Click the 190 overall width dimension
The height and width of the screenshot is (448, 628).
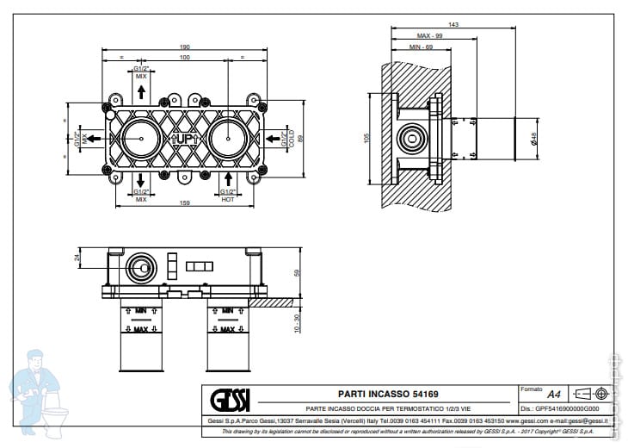[x=184, y=47]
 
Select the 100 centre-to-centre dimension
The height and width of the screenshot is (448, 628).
[x=184, y=58]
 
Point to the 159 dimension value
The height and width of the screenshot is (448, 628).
[x=184, y=203]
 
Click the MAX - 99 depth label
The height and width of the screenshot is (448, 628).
[x=429, y=36]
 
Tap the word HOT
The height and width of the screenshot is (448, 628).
[x=228, y=199]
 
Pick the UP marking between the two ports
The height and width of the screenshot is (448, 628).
[x=184, y=138]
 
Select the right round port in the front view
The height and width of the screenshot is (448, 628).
[x=228, y=138]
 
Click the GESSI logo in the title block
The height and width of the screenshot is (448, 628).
[x=231, y=401]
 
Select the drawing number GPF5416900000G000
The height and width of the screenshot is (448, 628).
[x=569, y=408]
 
